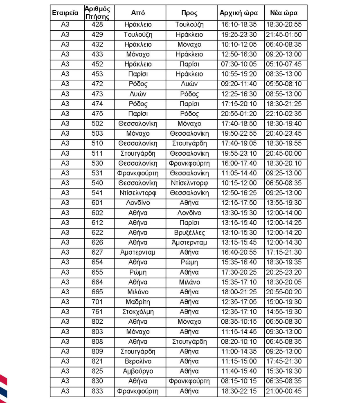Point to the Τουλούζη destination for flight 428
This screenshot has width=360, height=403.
(189, 25)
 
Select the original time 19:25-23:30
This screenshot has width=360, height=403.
(239, 35)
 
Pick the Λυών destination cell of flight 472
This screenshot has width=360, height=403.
(189, 84)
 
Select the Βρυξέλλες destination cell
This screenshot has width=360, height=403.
(189, 233)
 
